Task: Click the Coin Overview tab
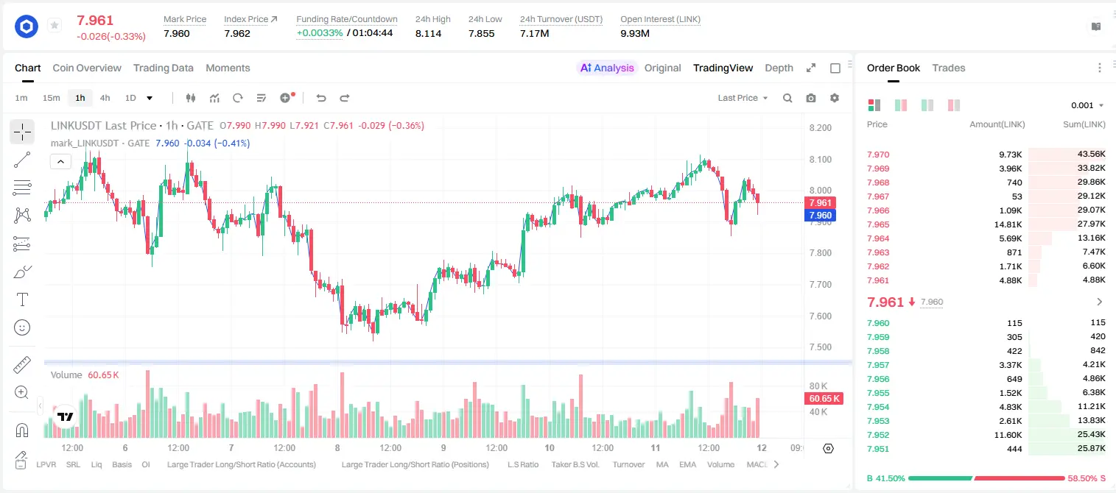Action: click(x=87, y=68)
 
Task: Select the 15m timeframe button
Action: click(x=52, y=98)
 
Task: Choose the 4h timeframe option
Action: click(x=105, y=98)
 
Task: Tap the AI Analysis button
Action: click(x=607, y=68)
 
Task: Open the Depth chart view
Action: click(x=779, y=68)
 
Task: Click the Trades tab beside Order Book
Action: click(x=948, y=68)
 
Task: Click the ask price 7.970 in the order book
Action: click(x=878, y=155)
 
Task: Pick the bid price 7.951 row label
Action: click(x=878, y=449)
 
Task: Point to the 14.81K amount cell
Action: click(x=1008, y=224)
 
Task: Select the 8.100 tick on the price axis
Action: click(x=821, y=159)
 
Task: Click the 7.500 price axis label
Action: click(x=821, y=347)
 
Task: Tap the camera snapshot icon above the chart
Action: click(x=811, y=98)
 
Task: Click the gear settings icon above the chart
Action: click(x=835, y=98)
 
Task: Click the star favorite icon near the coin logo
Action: click(x=55, y=25)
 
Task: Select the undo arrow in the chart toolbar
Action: click(x=321, y=98)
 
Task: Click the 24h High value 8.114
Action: click(x=429, y=33)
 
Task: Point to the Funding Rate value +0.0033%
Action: click(x=320, y=33)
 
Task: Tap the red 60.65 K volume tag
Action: click(x=824, y=399)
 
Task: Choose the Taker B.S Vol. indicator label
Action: click(x=575, y=464)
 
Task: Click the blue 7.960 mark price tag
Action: click(x=820, y=216)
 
